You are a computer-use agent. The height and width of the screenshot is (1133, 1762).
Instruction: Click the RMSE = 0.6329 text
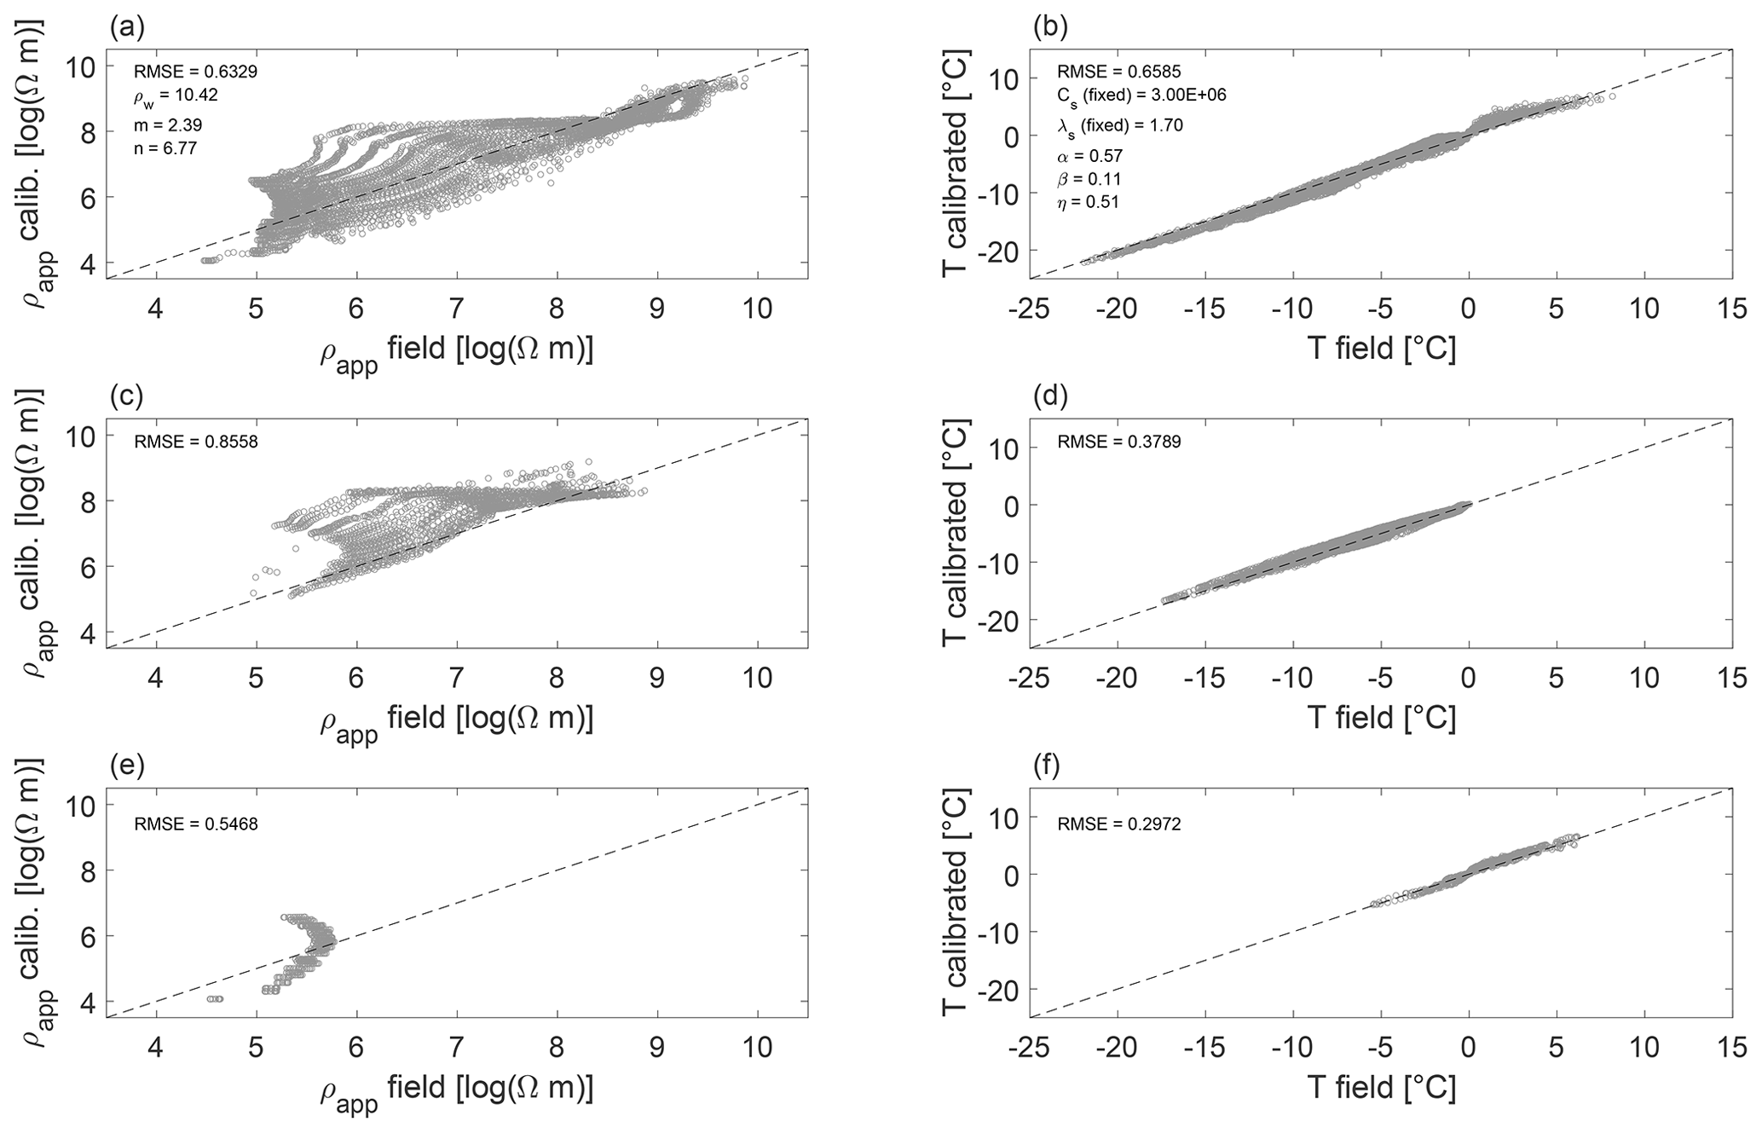coord(195,72)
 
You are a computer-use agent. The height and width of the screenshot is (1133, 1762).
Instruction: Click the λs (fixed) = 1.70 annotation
coord(1120,125)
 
